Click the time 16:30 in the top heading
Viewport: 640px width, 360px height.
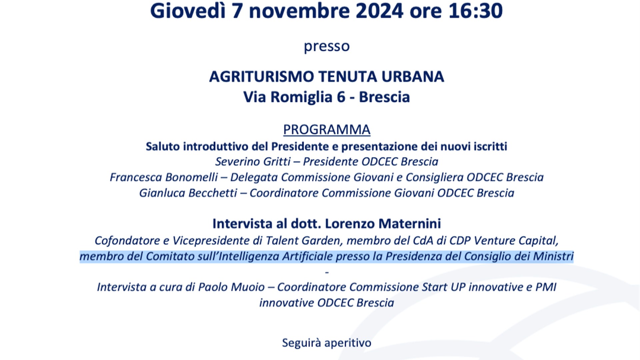click(476, 11)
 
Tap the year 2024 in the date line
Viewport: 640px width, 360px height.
click(380, 11)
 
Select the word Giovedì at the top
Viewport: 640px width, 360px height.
click(188, 11)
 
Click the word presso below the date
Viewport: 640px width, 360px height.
click(327, 46)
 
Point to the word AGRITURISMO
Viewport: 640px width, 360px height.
click(262, 77)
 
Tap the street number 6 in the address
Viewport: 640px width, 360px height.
click(341, 97)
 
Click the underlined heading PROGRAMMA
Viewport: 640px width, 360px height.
click(327, 130)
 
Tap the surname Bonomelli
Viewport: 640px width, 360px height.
click(191, 177)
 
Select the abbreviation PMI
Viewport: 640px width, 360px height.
click(546, 287)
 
